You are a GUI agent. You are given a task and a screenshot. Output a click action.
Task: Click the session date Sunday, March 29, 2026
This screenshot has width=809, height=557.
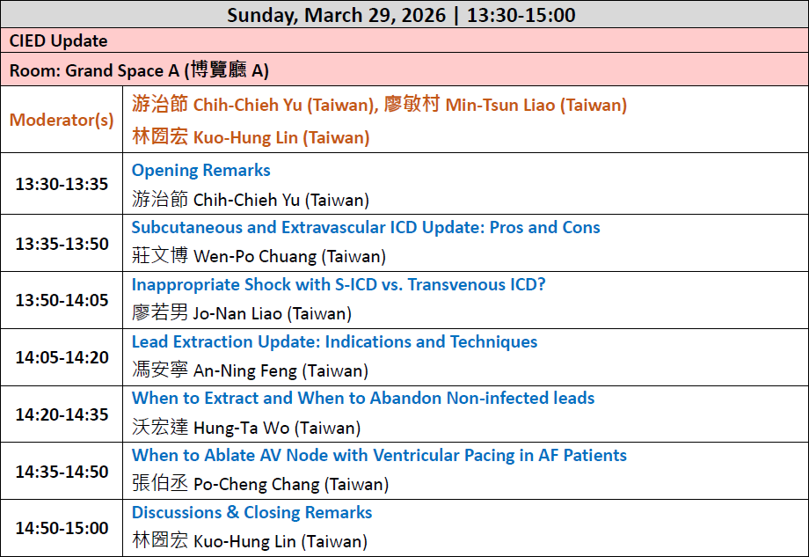(337, 15)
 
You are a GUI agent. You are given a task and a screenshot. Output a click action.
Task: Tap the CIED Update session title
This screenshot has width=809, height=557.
(58, 40)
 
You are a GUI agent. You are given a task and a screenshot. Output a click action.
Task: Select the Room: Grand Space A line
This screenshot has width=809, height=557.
(139, 70)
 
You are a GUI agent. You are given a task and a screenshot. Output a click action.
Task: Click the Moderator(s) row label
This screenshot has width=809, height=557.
(62, 120)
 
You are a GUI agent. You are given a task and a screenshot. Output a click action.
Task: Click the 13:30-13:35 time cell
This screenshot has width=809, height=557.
(62, 184)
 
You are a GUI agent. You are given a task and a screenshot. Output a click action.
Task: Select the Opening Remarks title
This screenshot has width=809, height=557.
(200, 170)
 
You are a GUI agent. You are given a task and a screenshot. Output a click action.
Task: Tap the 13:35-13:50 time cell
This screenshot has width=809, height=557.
(62, 243)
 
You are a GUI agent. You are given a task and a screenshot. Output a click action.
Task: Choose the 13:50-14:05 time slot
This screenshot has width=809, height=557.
(62, 300)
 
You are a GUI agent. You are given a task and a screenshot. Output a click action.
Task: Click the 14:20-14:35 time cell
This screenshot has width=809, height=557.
(62, 414)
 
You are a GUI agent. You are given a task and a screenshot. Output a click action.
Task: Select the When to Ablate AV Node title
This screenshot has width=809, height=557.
(379, 455)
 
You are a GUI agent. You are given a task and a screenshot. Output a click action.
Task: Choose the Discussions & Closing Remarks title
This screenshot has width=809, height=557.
(251, 512)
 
